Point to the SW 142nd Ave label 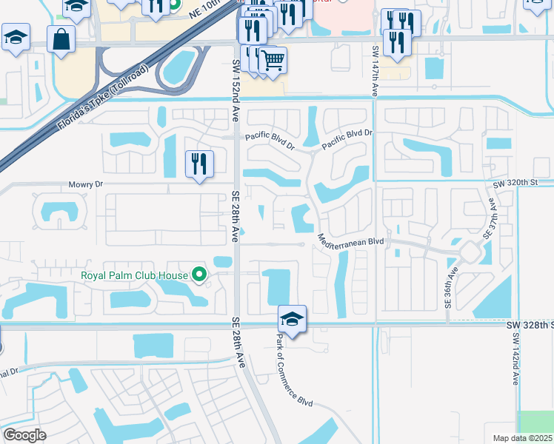pyautogui.click(x=515, y=358)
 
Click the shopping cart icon pyautogui.click(x=273, y=59)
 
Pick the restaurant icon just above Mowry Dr pyautogui.click(x=198, y=163)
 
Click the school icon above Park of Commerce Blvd pyautogui.click(x=292, y=320)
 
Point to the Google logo pyautogui.click(x=24, y=435)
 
